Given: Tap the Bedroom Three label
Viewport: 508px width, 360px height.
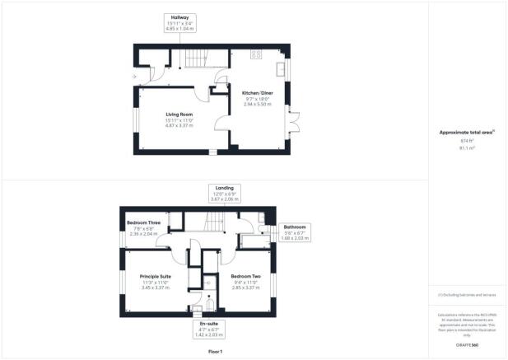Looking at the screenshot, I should tap(142, 222).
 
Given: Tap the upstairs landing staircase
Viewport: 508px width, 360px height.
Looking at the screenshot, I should tap(214, 221).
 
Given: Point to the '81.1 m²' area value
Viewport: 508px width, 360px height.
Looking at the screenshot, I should tap(467, 149).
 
